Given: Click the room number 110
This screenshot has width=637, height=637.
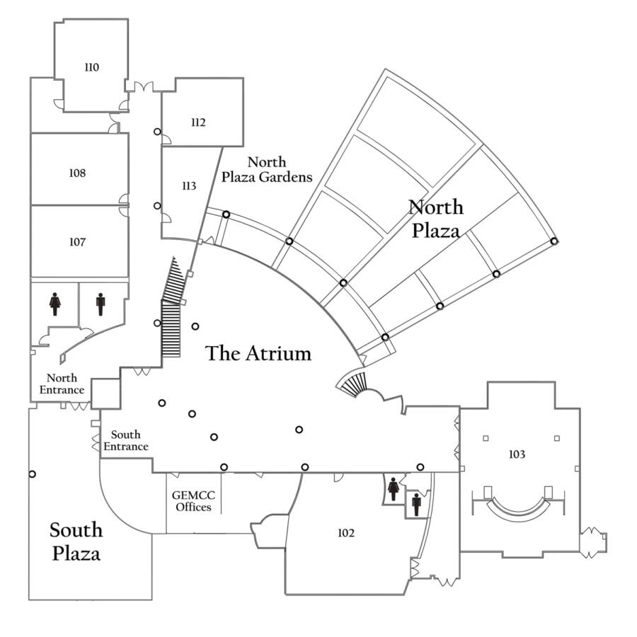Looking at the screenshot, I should click(x=91, y=68).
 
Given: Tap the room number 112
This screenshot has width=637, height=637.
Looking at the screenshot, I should click(x=198, y=122).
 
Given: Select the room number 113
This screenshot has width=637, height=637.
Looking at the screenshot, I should click(x=188, y=186).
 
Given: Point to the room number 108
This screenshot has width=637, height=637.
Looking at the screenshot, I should click(x=77, y=173).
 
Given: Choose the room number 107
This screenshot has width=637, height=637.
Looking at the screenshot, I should click(x=77, y=242).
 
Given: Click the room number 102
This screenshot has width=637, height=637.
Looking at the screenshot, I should click(x=346, y=533).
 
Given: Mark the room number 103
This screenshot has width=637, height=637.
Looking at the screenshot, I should click(x=517, y=454).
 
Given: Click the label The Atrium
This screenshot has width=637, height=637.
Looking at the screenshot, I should click(x=258, y=353).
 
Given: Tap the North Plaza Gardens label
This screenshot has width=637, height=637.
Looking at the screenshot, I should click(x=267, y=170).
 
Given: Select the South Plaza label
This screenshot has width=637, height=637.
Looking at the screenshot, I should click(x=76, y=541).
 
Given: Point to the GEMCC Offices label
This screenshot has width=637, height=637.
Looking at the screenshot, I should click(x=193, y=501).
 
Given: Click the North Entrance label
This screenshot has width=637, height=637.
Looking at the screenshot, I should click(x=62, y=384).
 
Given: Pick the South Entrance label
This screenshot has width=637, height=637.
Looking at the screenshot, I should click(x=126, y=440).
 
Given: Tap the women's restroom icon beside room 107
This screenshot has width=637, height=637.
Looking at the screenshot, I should click(x=55, y=304).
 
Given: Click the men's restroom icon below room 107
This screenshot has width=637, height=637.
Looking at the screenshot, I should click(x=101, y=304).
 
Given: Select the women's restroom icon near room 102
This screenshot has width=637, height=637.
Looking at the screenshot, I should click(x=394, y=488).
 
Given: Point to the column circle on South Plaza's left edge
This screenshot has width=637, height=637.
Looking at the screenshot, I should click(x=32, y=474).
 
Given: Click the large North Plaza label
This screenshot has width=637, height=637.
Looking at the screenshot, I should click(x=436, y=219).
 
